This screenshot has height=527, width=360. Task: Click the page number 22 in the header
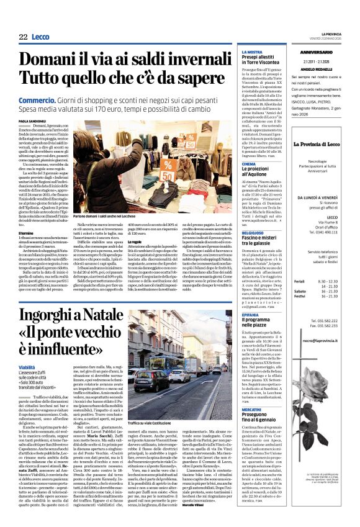pos(23,37)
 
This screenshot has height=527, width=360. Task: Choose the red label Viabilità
pos(27,368)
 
